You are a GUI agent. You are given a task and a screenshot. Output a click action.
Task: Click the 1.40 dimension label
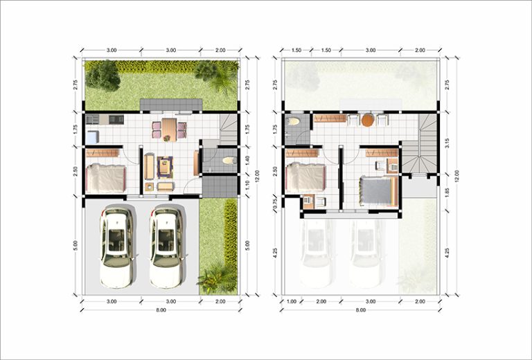(247, 160)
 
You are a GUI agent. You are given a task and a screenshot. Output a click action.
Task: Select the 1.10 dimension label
(247, 185)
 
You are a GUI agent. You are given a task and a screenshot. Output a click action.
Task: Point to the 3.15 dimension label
(447, 143)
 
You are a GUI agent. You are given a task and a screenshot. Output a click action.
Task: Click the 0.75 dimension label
(275, 203)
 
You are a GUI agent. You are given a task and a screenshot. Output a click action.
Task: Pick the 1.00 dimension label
(292, 301)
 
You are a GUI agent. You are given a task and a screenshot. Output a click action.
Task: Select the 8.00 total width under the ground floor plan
(161, 310)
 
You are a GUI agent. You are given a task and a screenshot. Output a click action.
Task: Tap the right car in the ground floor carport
(167, 246)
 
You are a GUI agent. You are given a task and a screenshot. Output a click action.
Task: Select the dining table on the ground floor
(169, 129)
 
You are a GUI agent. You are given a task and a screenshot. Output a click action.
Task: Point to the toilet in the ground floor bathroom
(230, 160)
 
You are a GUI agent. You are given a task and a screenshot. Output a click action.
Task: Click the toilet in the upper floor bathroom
(293, 121)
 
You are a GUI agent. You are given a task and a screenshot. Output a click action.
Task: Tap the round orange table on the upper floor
(367, 120)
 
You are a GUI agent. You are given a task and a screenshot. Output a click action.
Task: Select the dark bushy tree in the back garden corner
(102, 76)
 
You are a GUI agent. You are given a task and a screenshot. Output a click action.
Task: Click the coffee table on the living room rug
(166, 167)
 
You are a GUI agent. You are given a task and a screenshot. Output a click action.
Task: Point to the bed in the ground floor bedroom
(105, 179)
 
